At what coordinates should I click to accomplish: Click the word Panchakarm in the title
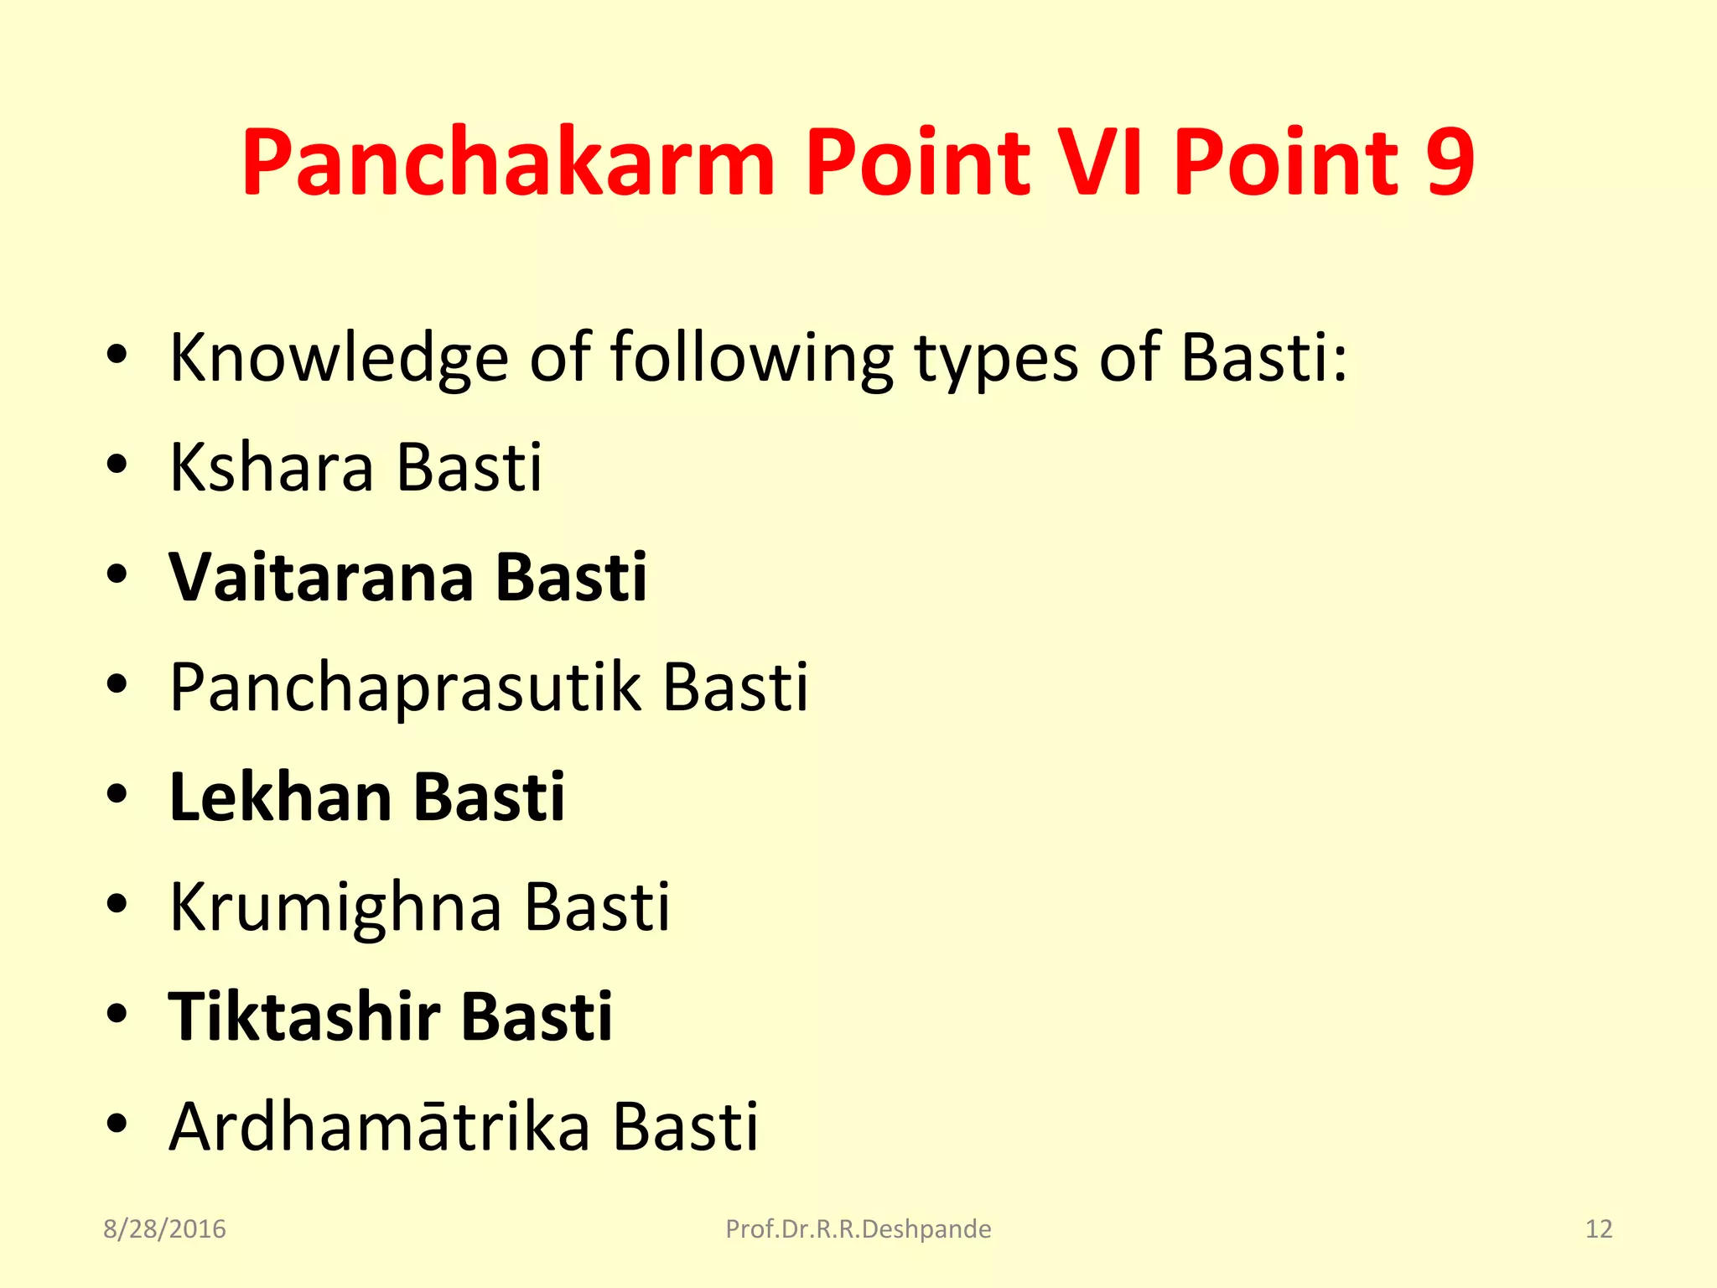pyautogui.click(x=508, y=164)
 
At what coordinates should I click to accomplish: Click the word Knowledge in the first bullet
pyautogui.click(x=339, y=359)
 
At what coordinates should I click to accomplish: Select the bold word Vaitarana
pyautogui.click(x=322, y=578)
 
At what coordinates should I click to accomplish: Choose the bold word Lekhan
pyautogui.click(x=280, y=797)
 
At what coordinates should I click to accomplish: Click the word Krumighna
pyautogui.click(x=335, y=907)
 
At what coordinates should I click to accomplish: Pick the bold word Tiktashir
pyautogui.click(x=304, y=1017)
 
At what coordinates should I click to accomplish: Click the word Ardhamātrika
pyautogui.click(x=380, y=1127)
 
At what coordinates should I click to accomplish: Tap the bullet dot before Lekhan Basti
pyautogui.click(x=117, y=794)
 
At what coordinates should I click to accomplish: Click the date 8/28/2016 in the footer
pyautogui.click(x=164, y=1229)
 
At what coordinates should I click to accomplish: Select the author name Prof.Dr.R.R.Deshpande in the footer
pyautogui.click(x=858, y=1229)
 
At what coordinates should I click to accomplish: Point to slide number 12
pyautogui.click(x=1598, y=1229)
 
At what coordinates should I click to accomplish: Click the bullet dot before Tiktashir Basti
pyautogui.click(x=117, y=1013)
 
